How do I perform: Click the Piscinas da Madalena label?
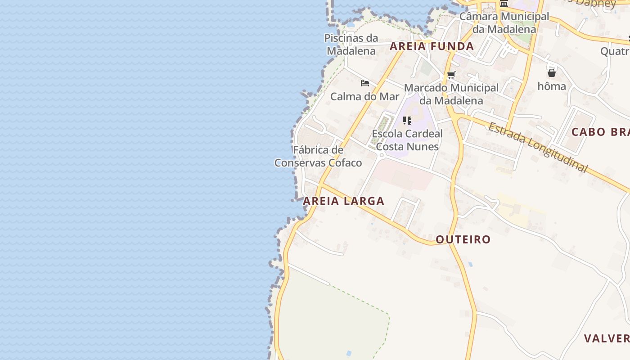(351, 45)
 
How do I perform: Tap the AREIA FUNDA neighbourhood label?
(432, 46)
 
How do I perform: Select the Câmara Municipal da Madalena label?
(504, 22)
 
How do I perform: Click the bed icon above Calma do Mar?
(364, 83)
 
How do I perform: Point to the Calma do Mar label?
(364, 96)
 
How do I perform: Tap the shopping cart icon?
(451, 75)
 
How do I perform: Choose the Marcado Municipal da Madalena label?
(451, 94)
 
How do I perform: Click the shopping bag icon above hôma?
(552, 73)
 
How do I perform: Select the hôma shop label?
(552, 86)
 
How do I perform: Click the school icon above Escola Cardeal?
(407, 121)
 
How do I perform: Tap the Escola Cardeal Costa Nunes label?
(407, 140)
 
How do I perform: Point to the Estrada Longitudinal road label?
(538, 147)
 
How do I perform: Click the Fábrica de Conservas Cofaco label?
(318, 156)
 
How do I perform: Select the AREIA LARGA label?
(344, 201)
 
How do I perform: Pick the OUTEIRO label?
(463, 239)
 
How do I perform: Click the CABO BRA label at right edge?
(600, 132)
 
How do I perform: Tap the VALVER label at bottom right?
(606, 338)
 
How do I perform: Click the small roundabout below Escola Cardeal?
(382, 156)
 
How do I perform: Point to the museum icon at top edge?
(504, 4)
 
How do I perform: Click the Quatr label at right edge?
(615, 51)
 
